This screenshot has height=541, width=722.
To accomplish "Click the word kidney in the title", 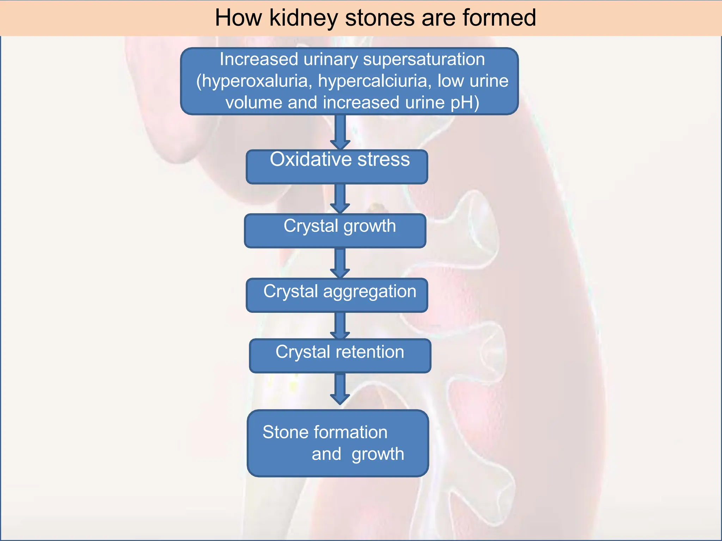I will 304,18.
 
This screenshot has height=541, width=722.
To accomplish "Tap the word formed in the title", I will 499,18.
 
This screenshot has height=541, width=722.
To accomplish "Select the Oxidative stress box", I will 337,167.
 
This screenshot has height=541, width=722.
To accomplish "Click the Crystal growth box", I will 335,231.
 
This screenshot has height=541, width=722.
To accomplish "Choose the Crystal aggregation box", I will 337,295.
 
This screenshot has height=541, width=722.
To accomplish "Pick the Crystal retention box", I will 340,356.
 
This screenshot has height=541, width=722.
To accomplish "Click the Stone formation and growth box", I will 338,443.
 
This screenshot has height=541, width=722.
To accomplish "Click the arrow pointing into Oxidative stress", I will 340,132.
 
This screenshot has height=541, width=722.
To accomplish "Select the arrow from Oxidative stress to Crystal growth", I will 340,198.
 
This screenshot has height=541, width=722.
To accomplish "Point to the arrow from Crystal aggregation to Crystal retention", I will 340,325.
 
